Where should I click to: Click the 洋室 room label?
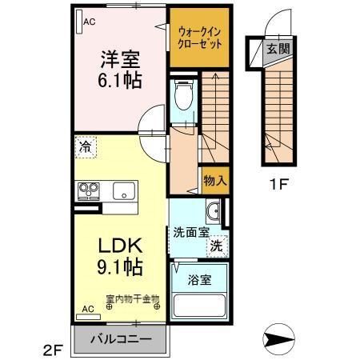(x=119, y=58)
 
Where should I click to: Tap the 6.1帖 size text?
(x=120, y=81)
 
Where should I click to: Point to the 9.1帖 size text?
(x=120, y=266)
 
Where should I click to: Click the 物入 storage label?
(x=215, y=180)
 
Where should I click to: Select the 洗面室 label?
(x=191, y=232)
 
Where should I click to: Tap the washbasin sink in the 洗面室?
(x=213, y=211)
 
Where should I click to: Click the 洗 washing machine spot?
(x=216, y=247)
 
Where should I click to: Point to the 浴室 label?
(x=200, y=281)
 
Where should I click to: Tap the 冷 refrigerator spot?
(x=86, y=148)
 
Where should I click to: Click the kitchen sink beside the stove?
(x=123, y=191)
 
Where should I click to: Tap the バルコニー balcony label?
(x=120, y=338)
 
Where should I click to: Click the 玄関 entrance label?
(x=278, y=48)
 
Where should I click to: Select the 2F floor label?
(x=52, y=348)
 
